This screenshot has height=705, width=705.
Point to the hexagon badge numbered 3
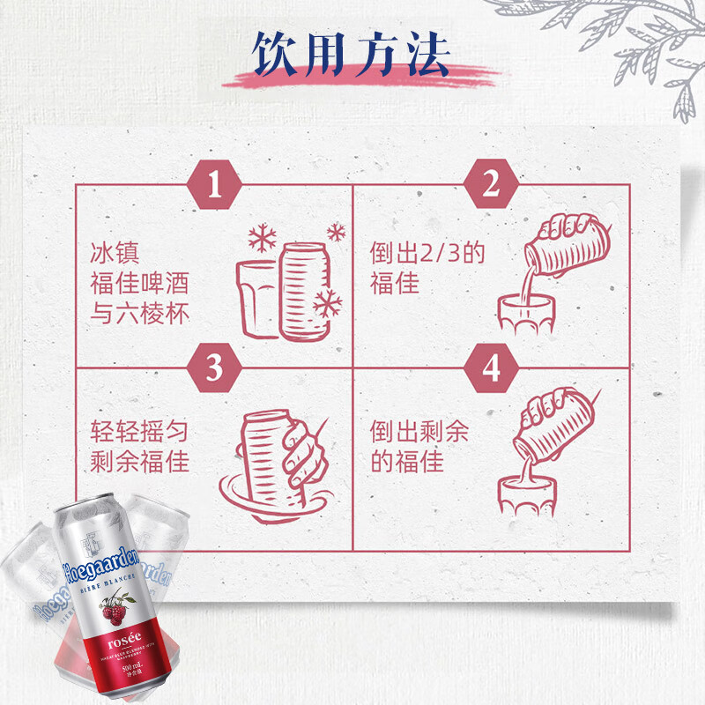(x=214, y=369)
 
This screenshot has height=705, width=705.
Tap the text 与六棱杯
(x=140, y=314)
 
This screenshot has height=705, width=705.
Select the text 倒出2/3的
(x=427, y=254)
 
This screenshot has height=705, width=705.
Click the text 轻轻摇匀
(x=140, y=432)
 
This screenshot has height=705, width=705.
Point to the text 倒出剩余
(x=420, y=432)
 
